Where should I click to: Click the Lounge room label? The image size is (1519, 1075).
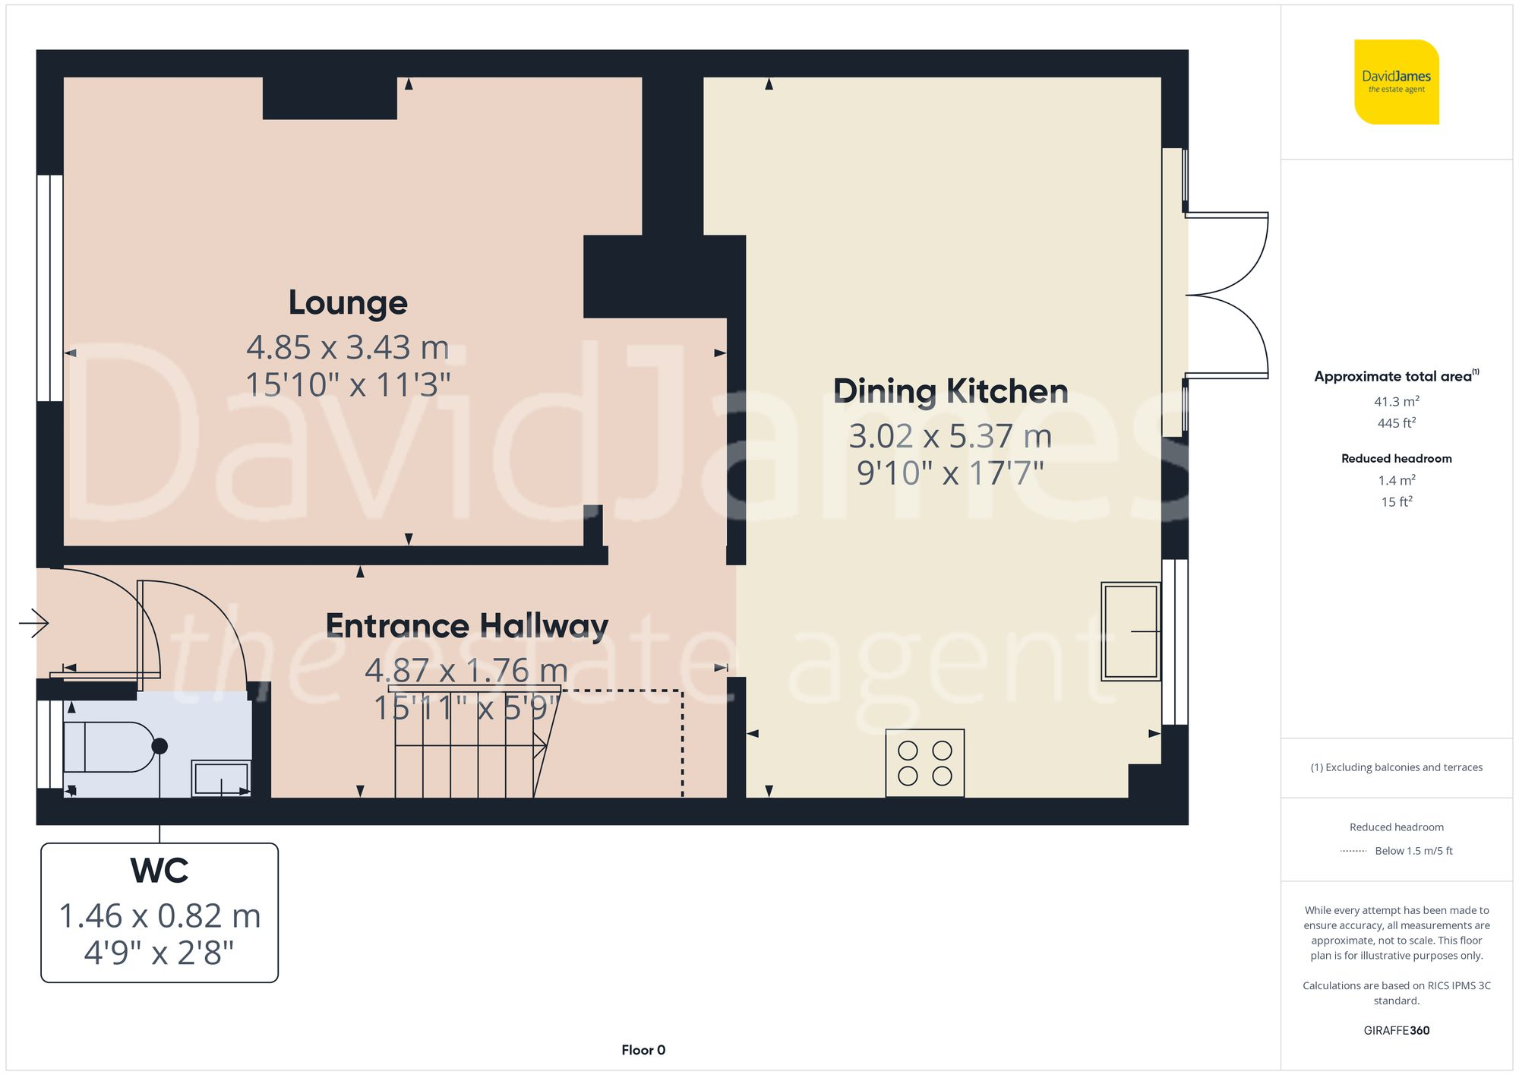(x=348, y=302)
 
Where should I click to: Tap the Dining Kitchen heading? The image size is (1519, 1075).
(x=950, y=391)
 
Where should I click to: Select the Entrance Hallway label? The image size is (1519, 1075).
(x=466, y=626)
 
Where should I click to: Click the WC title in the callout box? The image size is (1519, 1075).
(x=159, y=871)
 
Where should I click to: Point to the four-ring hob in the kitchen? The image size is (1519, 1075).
(x=924, y=763)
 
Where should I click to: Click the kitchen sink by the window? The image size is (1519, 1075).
(x=1130, y=631)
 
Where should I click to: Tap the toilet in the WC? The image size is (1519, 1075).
(x=110, y=747)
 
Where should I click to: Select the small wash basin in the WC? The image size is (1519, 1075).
(x=221, y=778)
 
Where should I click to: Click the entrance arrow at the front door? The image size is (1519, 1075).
(x=34, y=624)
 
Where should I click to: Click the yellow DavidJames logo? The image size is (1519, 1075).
(x=1396, y=82)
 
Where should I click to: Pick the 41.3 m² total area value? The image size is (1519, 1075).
(x=1396, y=401)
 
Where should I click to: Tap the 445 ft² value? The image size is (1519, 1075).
(x=1396, y=423)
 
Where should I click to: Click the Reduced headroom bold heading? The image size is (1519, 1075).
(x=1396, y=458)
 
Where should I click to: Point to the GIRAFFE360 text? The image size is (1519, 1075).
(x=1396, y=1030)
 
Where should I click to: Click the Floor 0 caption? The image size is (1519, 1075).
(x=643, y=1050)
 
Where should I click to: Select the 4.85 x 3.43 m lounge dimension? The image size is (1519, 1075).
(x=348, y=348)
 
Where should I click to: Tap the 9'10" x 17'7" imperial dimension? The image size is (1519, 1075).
(x=950, y=473)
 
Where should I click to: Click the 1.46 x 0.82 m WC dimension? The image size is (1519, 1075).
(x=159, y=916)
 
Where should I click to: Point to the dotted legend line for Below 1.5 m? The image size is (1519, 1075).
(x=1353, y=851)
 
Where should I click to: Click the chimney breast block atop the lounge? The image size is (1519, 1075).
(x=330, y=98)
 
